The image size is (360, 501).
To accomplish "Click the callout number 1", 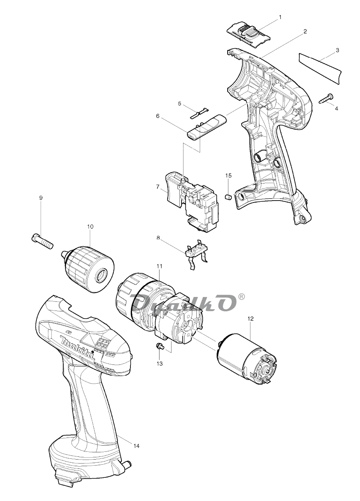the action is pos(280,17).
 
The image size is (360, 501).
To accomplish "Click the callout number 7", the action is pos(158,186).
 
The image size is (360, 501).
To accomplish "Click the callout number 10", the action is pos(90,226).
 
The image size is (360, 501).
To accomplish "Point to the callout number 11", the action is pos(159,266).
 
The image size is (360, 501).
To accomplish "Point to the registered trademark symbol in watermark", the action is pos(242,297).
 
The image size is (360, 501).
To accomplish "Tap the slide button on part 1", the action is pos(248,33).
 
